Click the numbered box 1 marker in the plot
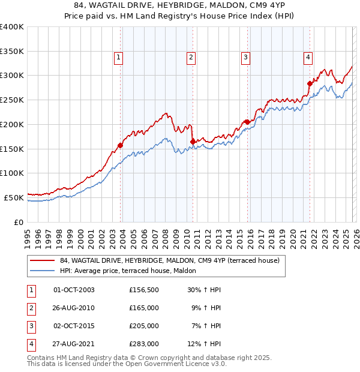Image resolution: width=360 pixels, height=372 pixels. tap(118, 58)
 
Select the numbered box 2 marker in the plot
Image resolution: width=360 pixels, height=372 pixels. tap(191, 58)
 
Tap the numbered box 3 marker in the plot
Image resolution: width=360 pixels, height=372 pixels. tap(245, 58)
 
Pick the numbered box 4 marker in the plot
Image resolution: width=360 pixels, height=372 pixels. tap(308, 58)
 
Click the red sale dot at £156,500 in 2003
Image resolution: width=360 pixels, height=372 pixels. tap(121, 145)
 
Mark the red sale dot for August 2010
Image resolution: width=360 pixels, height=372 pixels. tap(193, 142)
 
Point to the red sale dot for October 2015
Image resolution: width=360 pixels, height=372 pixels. tap(247, 122)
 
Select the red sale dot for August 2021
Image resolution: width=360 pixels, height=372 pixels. tap(310, 83)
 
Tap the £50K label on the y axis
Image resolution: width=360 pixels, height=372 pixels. tap(14, 197)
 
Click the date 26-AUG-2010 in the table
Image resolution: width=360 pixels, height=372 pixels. tap(74, 308)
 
